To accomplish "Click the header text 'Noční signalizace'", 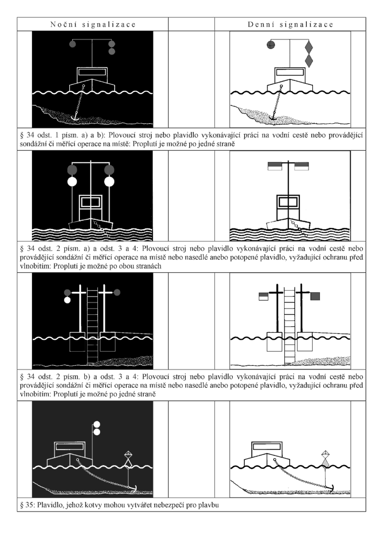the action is (93, 25).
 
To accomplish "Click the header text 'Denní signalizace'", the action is (291, 25).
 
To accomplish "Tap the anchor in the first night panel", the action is (75, 117).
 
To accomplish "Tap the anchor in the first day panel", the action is (273, 117).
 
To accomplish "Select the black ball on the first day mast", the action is (271, 45).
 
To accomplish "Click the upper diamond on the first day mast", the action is (309, 47).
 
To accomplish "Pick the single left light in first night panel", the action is (72, 44).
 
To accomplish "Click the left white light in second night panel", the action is (72, 182).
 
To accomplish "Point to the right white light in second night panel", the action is (109, 182).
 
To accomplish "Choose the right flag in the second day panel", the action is (301, 166).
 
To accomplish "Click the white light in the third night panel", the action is (68, 300).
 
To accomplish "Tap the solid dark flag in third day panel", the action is (315, 296).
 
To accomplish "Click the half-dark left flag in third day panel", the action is (263, 296).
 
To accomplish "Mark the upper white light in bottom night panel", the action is (97, 424).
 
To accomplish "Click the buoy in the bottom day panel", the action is (325, 459).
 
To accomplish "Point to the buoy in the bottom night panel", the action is (128, 460).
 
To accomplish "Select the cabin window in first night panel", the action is (92, 72).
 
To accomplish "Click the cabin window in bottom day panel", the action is (266, 447).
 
